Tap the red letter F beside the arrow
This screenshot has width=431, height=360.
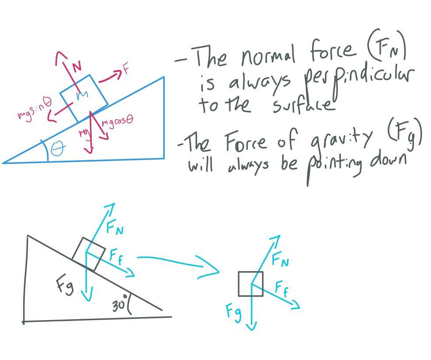click(x=126, y=69)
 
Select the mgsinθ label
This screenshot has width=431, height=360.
click(x=35, y=109)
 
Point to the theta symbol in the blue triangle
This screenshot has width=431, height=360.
click(x=57, y=149)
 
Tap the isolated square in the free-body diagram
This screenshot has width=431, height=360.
click(x=251, y=284)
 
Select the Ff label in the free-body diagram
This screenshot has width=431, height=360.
click(x=281, y=289)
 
